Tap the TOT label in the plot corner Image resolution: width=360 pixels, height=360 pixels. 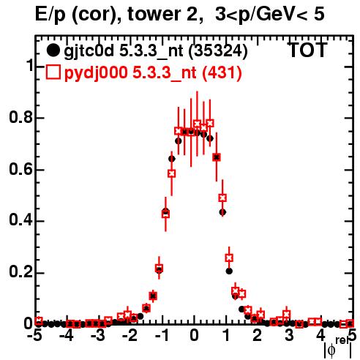(x=307, y=50)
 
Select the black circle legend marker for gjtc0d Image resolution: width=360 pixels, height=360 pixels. (x=53, y=50)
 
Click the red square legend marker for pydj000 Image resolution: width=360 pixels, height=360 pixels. (x=53, y=72)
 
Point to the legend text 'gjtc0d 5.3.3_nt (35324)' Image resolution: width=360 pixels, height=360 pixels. (x=156, y=51)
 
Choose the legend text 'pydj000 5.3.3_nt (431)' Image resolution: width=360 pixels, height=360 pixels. (x=153, y=73)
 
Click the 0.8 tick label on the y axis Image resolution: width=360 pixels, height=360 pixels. (x=20, y=117)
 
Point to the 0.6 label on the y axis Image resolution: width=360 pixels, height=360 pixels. (x=20, y=169)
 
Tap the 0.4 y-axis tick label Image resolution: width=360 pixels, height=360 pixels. (x=20, y=220)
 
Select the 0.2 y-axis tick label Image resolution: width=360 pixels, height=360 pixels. (x=20, y=272)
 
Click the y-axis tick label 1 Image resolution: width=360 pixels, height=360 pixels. (x=29, y=65)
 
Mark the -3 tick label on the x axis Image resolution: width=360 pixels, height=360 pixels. (x=98, y=336)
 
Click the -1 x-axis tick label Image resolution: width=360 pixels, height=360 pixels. (x=162, y=336)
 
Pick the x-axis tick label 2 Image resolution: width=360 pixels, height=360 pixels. (x=257, y=336)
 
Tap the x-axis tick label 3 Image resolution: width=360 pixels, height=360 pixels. (x=289, y=336)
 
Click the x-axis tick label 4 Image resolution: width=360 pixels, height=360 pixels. (x=320, y=336)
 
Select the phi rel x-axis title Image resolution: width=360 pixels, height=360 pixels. (x=337, y=348)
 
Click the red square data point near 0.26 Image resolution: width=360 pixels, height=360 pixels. (x=229, y=258)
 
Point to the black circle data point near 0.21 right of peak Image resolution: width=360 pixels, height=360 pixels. (x=229, y=271)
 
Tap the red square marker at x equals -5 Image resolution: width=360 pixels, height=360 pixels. (x=39, y=320)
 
